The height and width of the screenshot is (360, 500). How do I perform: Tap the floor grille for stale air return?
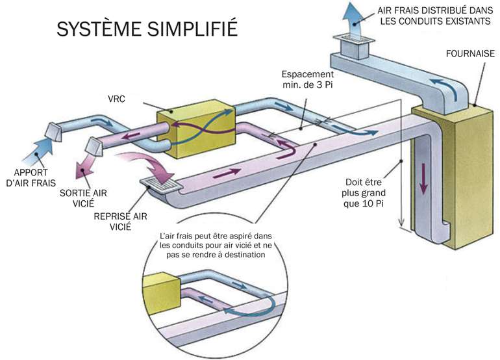click(159, 187)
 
